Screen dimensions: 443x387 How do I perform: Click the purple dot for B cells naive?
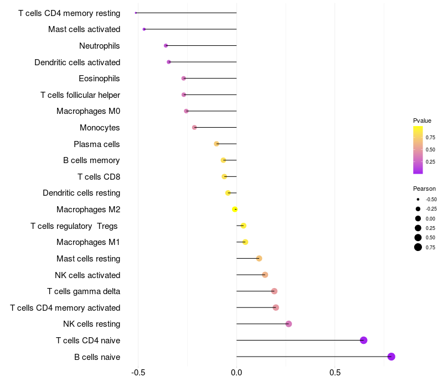[x=391, y=357]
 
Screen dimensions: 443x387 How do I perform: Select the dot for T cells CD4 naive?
[x=364, y=340]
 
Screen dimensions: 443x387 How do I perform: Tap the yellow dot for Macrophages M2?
[x=235, y=210]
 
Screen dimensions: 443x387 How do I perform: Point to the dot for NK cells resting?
[x=289, y=324]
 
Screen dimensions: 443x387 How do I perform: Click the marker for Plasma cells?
[x=217, y=144]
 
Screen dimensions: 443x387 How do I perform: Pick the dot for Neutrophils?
[x=166, y=46]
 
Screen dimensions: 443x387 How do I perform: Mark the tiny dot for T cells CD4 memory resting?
[x=136, y=13]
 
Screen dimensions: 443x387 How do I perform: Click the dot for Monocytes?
[x=194, y=128]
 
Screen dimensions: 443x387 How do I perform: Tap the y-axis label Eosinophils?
[x=99, y=79]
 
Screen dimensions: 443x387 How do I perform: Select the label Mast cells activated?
[x=84, y=29]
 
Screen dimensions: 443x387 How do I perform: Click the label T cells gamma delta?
[x=84, y=291]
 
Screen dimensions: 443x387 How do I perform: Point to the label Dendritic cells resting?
[x=81, y=193]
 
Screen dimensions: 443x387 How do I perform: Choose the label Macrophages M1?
[x=88, y=242]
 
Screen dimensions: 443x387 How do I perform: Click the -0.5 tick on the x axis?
[x=138, y=373]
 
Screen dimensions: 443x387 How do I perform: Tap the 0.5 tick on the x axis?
[x=335, y=373]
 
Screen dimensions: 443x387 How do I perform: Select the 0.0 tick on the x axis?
[x=236, y=373]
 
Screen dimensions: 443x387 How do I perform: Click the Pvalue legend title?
[x=422, y=121]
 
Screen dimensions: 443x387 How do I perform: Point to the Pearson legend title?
[x=424, y=189]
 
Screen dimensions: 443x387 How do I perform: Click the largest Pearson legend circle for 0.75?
[x=418, y=247]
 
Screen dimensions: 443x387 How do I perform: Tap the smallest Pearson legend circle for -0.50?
[x=418, y=200]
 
